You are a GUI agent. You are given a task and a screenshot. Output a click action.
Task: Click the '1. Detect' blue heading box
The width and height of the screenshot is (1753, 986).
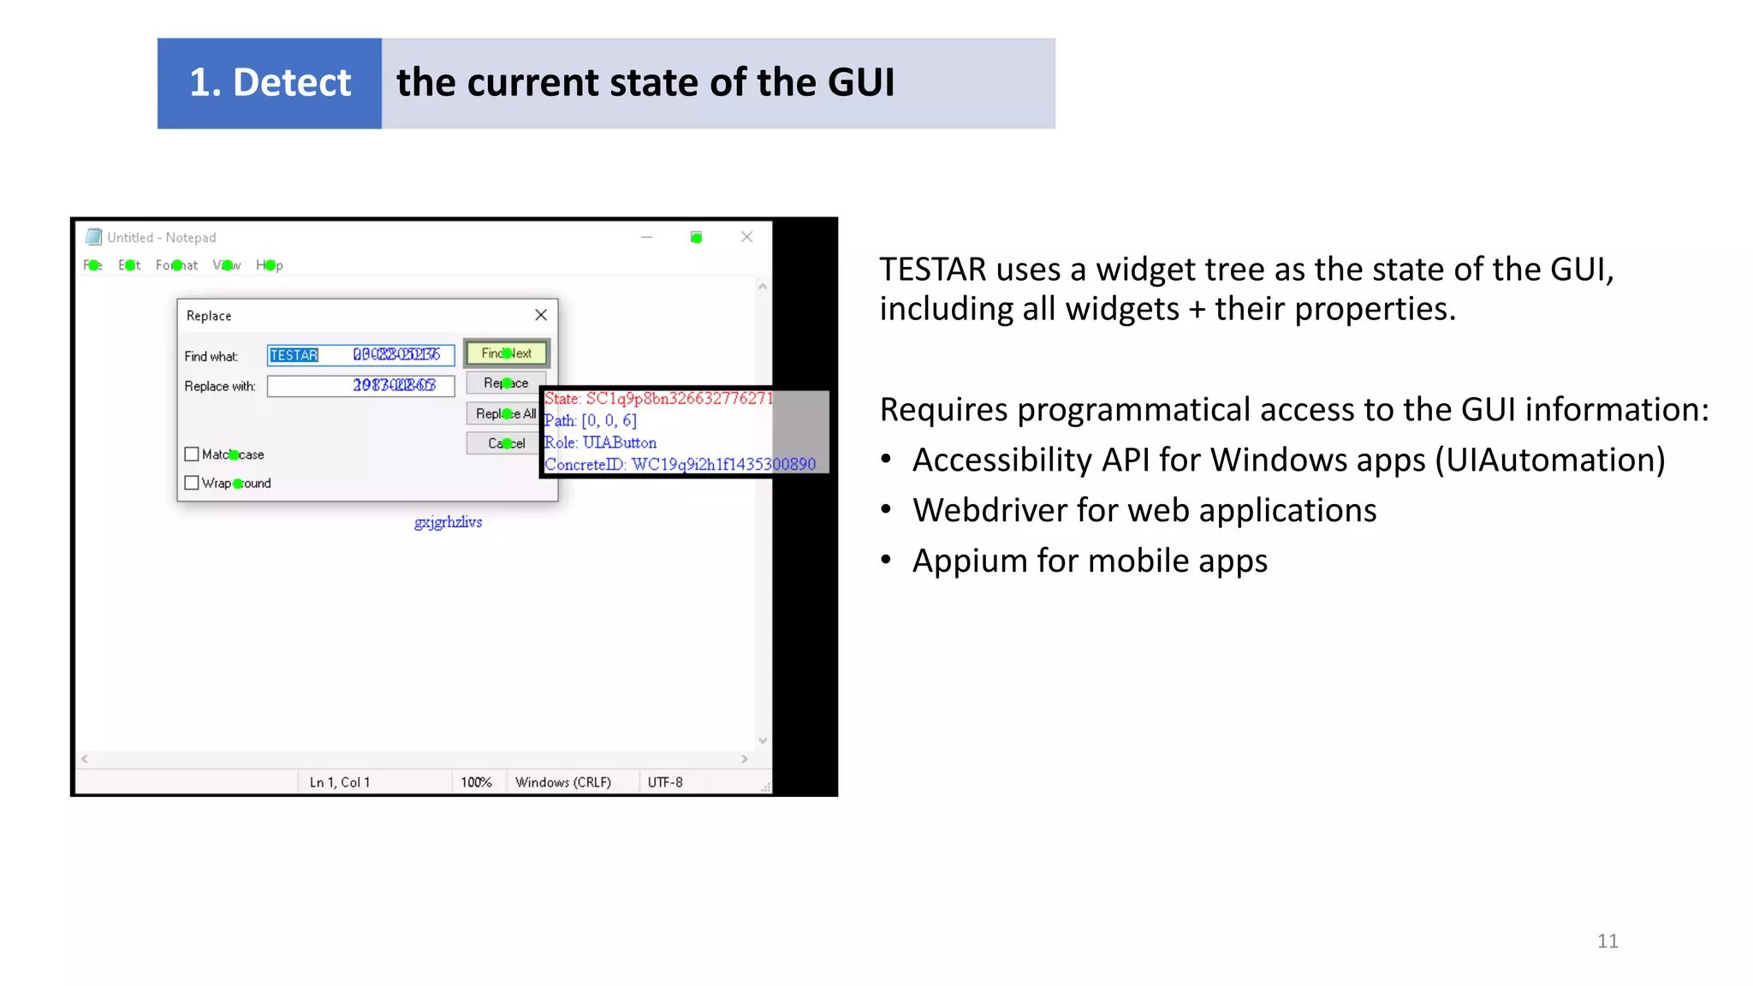click(269, 83)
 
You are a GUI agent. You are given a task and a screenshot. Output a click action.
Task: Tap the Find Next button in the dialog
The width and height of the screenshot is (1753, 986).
click(507, 353)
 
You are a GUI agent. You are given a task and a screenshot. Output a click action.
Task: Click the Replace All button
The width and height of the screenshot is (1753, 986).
click(505, 413)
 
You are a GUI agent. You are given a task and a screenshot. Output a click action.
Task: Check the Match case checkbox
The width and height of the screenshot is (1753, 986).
click(192, 454)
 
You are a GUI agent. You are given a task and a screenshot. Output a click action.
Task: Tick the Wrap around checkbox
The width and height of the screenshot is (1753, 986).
click(192, 483)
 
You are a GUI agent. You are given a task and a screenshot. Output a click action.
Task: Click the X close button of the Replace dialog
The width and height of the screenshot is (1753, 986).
click(541, 315)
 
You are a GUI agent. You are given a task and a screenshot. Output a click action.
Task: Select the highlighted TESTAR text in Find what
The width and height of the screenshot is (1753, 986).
click(294, 355)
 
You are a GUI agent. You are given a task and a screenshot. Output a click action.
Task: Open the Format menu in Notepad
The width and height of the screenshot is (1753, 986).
click(176, 265)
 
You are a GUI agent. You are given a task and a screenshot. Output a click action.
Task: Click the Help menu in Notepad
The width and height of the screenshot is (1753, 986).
click(269, 265)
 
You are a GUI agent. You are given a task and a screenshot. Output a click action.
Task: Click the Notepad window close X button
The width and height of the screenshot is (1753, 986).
click(746, 237)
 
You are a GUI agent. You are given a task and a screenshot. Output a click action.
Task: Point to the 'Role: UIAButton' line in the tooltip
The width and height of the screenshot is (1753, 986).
click(601, 443)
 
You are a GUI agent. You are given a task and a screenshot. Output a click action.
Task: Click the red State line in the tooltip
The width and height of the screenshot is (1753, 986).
click(657, 399)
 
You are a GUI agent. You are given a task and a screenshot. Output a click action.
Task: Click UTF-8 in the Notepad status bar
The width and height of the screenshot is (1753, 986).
click(665, 782)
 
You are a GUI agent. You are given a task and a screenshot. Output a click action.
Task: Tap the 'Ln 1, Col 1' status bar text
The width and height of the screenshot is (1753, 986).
click(340, 782)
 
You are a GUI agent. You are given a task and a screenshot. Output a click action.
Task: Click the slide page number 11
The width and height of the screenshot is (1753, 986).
click(1607, 941)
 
